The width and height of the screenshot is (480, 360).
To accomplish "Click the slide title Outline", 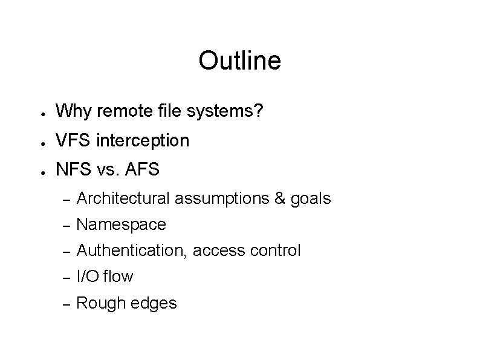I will point(239,61).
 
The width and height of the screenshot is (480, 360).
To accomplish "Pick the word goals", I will point(311,199).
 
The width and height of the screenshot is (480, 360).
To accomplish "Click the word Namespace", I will point(122,224).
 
